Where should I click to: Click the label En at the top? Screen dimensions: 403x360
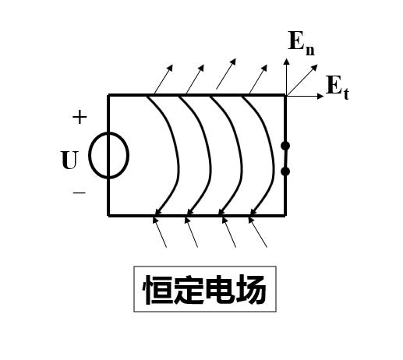pyautogui.click(x=302, y=44)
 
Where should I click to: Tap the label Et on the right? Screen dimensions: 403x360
pyautogui.click(x=338, y=87)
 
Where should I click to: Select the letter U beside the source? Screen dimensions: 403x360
pyautogui.click(x=69, y=160)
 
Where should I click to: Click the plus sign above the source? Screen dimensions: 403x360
pyautogui.click(x=80, y=117)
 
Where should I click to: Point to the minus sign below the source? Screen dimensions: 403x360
pyautogui.click(x=79, y=192)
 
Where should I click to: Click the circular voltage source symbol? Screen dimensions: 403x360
pyautogui.click(x=89, y=155)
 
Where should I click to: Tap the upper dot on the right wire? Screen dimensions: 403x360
pyautogui.click(x=285, y=146)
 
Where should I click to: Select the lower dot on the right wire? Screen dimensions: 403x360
pyautogui.click(x=285, y=171)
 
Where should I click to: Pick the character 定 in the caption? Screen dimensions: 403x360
pyautogui.click(x=189, y=289)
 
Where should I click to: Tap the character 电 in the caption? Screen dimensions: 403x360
pyautogui.click(x=220, y=289)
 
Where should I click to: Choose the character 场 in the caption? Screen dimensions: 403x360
pyautogui.click(x=251, y=289)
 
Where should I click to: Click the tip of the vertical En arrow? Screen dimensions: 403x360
pyautogui.click(x=286, y=59)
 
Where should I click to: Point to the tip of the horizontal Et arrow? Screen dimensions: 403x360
pyautogui.click(x=323, y=96)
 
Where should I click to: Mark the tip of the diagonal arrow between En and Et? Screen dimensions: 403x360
pyautogui.click(x=317, y=65)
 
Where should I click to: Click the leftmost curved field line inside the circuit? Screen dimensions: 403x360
pyautogui.click(x=179, y=166)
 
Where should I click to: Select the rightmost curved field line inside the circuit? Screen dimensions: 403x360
pyautogui.click(x=273, y=166)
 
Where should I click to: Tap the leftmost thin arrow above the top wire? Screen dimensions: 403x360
pyautogui.click(x=164, y=79)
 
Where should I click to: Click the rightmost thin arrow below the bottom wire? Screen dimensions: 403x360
pyautogui.click(x=257, y=232)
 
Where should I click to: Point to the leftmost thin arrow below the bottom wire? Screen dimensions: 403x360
pyautogui.click(x=160, y=232)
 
